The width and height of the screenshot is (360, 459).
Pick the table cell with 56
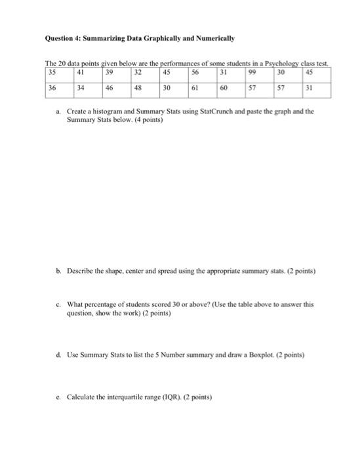203,73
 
